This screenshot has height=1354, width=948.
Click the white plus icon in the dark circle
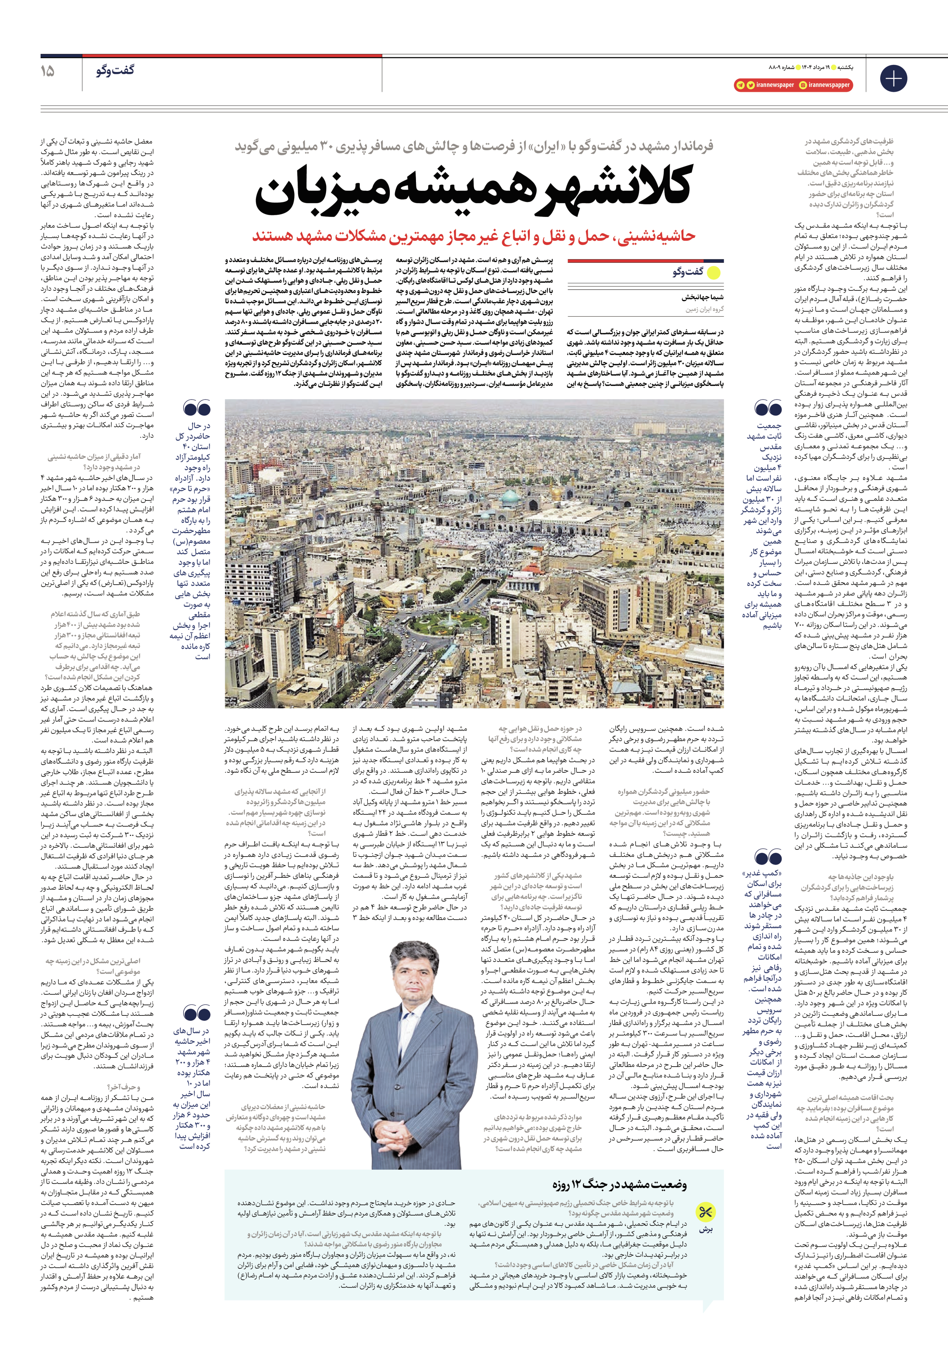(x=893, y=78)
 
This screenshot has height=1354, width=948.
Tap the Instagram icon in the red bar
(x=804, y=85)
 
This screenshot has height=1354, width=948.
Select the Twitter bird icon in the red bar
(x=750, y=85)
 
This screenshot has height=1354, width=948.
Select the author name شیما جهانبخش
(x=703, y=298)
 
